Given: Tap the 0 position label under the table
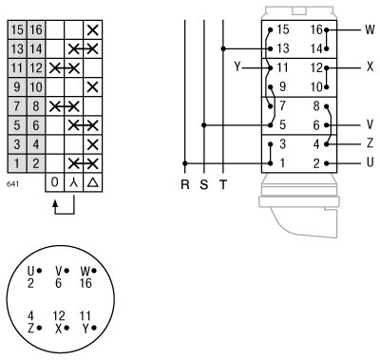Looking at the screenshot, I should tap(55, 181).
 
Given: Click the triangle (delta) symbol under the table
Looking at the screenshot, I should tap(92, 181).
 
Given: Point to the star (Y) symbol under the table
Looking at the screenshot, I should tap(73, 181).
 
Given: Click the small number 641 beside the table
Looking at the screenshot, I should tap(12, 181).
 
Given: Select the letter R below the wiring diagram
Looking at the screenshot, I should tap(185, 184).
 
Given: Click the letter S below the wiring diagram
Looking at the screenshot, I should tap(203, 184).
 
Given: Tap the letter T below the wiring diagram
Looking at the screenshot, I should tap(222, 184).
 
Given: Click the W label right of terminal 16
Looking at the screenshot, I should tap(370, 29).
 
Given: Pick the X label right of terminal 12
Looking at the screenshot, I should tap(370, 67).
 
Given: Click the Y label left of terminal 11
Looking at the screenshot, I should tap(236, 67).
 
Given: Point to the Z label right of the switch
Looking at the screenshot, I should tap(370, 143).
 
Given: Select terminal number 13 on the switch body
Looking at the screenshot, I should tap(281, 48).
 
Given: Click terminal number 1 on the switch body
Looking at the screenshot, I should tap(282, 162).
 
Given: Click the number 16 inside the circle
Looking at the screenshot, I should tap(86, 282).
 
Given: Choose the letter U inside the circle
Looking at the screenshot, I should tap(30, 271).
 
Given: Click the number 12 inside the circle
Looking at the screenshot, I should tap(59, 314).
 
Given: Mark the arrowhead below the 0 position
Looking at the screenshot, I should tap(55, 203).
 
